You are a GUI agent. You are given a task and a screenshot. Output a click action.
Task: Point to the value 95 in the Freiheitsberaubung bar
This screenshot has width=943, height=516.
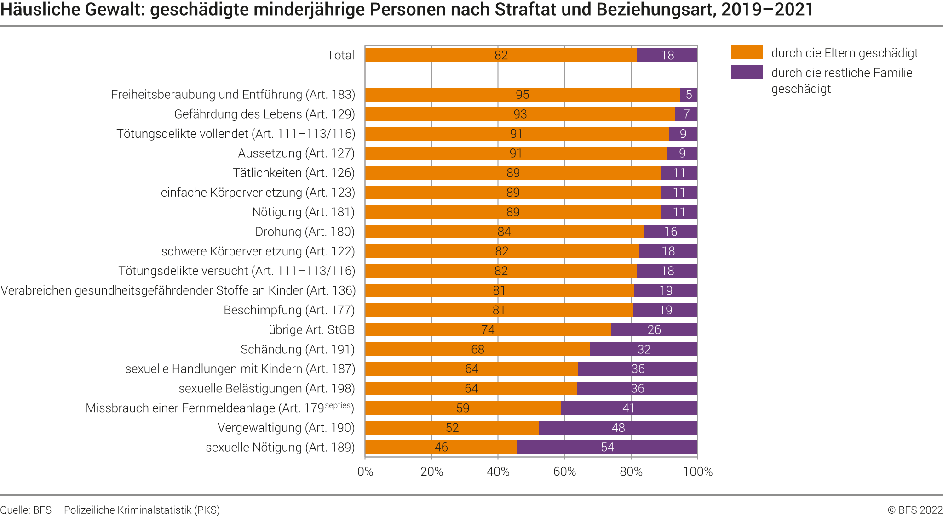522,95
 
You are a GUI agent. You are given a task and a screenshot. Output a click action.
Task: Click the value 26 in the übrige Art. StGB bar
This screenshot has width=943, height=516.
654,330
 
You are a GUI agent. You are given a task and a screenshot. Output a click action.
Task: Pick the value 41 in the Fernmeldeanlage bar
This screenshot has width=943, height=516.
628,408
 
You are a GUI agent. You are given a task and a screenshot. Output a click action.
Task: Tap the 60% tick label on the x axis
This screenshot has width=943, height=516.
564,472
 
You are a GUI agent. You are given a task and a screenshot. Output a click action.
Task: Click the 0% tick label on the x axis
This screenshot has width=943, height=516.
365,472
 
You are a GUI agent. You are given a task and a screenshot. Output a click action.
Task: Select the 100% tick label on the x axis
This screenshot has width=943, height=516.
697,472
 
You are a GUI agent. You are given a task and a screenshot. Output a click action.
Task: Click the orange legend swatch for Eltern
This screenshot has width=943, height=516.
747,52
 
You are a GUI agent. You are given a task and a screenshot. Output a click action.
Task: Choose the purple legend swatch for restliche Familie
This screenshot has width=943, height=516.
747,72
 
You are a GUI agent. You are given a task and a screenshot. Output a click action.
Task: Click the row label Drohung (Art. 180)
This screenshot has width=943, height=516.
305,232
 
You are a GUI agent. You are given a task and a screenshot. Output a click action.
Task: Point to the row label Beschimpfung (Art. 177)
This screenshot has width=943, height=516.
289,310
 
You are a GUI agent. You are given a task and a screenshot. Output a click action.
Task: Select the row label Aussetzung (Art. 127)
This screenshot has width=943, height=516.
296,153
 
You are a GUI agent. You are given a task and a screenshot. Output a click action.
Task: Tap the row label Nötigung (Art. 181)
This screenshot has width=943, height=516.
303,212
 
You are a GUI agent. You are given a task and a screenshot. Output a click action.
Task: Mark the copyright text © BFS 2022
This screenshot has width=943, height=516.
915,510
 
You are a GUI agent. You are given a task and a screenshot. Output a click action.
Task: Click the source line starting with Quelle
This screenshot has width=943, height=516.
110,510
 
